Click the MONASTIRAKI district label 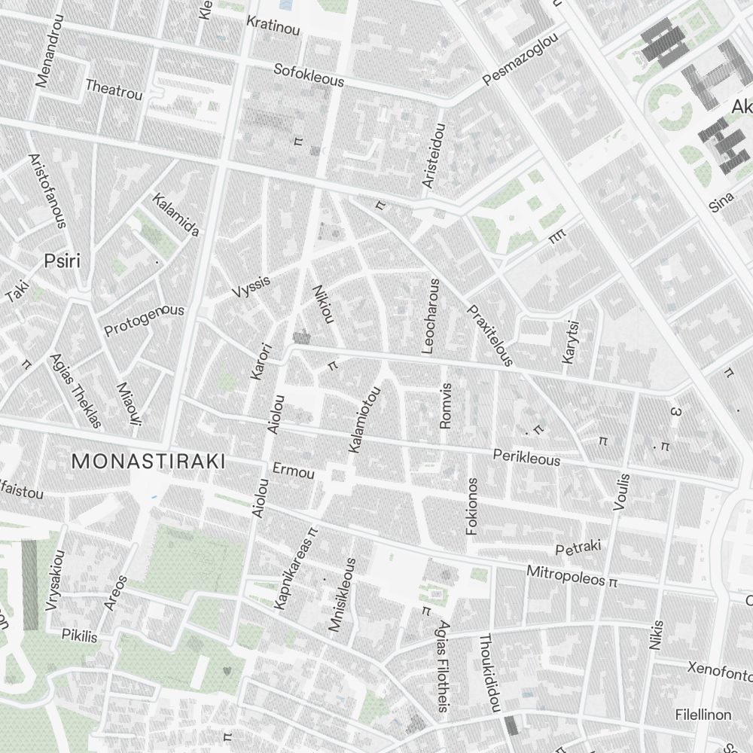tap(148, 462)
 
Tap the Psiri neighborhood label tap(62, 261)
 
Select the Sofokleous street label tap(309, 75)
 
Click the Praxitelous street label tap(490, 335)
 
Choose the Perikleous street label tap(526, 457)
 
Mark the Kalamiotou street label tap(365, 420)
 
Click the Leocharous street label tap(430, 316)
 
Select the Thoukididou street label tap(489, 672)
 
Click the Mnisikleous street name tap(341, 595)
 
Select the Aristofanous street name tap(47, 191)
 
